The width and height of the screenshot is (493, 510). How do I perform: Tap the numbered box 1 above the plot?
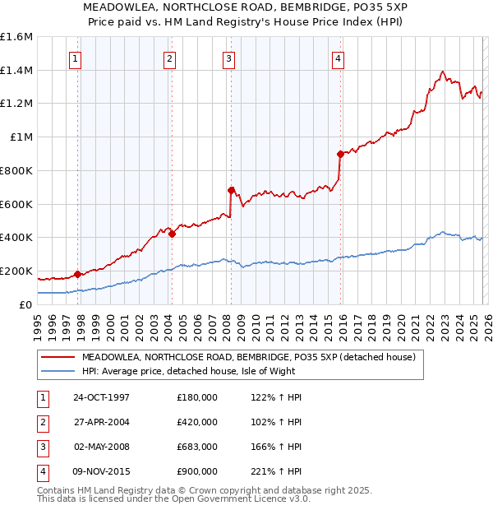click(x=75, y=58)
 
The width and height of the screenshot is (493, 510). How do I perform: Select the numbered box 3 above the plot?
click(x=228, y=58)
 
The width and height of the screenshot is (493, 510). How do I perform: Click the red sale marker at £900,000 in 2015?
click(x=340, y=154)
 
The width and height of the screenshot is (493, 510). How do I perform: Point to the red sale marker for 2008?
click(x=231, y=190)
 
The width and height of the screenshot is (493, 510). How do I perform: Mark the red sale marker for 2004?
click(x=173, y=234)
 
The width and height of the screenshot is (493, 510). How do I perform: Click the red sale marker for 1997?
click(x=78, y=274)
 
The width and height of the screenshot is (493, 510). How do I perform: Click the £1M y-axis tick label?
click(x=21, y=137)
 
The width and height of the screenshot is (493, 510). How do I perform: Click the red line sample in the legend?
click(x=58, y=357)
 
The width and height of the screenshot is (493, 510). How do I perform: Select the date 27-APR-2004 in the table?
click(x=101, y=422)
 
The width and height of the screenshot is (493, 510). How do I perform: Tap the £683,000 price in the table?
click(x=197, y=447)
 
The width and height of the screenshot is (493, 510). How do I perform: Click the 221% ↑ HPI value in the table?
click(x=274, y=471)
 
